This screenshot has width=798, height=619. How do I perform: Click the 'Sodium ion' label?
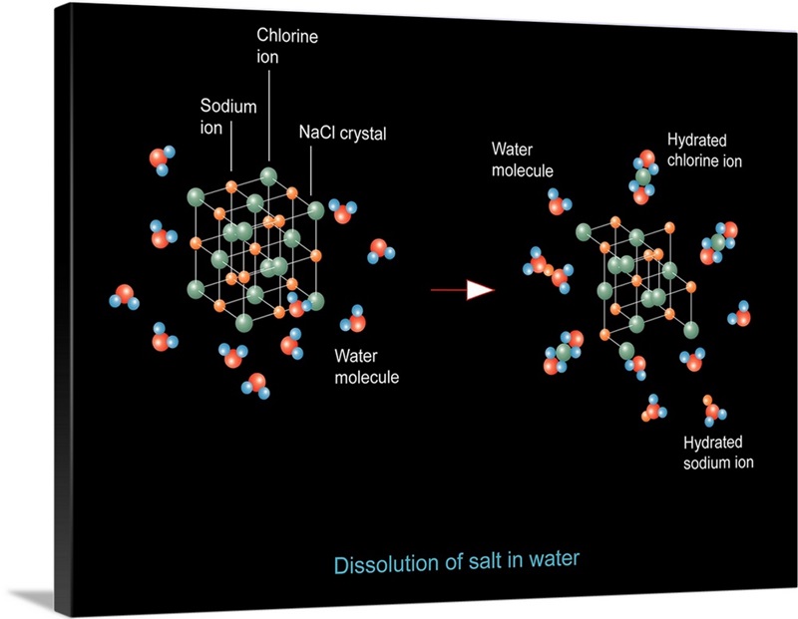(x=228, y=115)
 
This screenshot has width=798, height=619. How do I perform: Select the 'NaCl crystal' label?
(x=342, y=133)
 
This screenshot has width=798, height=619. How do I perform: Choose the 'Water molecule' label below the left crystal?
(x=366, y=366)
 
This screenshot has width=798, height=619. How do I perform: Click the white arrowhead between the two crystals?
(x=480, y=290)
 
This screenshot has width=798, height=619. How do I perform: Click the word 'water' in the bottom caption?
(x=552, y=558)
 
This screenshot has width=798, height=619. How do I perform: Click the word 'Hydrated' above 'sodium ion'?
(x=713, y=443)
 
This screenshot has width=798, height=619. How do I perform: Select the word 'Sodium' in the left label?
(x=228, y=106)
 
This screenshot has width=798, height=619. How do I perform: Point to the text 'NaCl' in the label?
(x=316, y=133)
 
